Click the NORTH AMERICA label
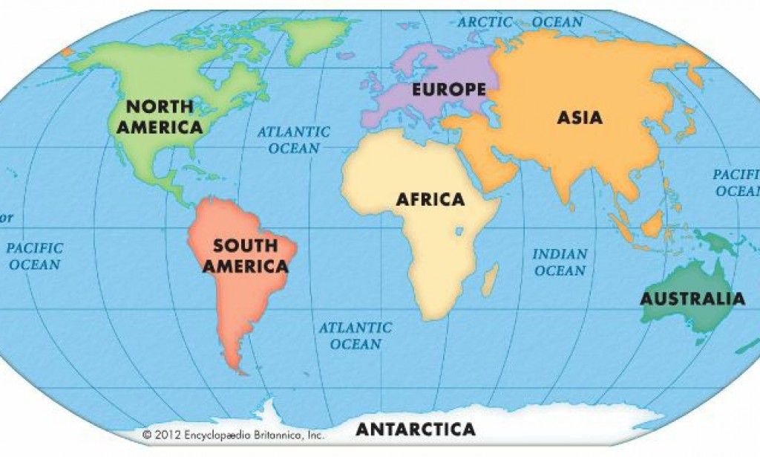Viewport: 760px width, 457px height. [159, 117]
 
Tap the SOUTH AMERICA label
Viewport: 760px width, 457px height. [245, 256]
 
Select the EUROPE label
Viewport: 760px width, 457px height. [449, 90]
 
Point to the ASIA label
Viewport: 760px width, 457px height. [580, 117]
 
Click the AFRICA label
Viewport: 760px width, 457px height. [430, 199]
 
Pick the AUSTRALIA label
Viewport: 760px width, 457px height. [692, 299]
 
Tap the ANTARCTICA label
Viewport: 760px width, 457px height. [415, 430]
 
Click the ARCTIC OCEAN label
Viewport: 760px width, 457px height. [520, 22]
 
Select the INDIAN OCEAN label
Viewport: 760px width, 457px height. [560, 262]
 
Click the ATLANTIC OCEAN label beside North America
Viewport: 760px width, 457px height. [294, 140]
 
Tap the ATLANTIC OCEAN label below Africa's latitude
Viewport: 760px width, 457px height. [356, 335]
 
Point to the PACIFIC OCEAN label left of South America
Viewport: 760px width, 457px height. [35, 256]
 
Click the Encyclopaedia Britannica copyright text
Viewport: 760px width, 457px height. [233, 435]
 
